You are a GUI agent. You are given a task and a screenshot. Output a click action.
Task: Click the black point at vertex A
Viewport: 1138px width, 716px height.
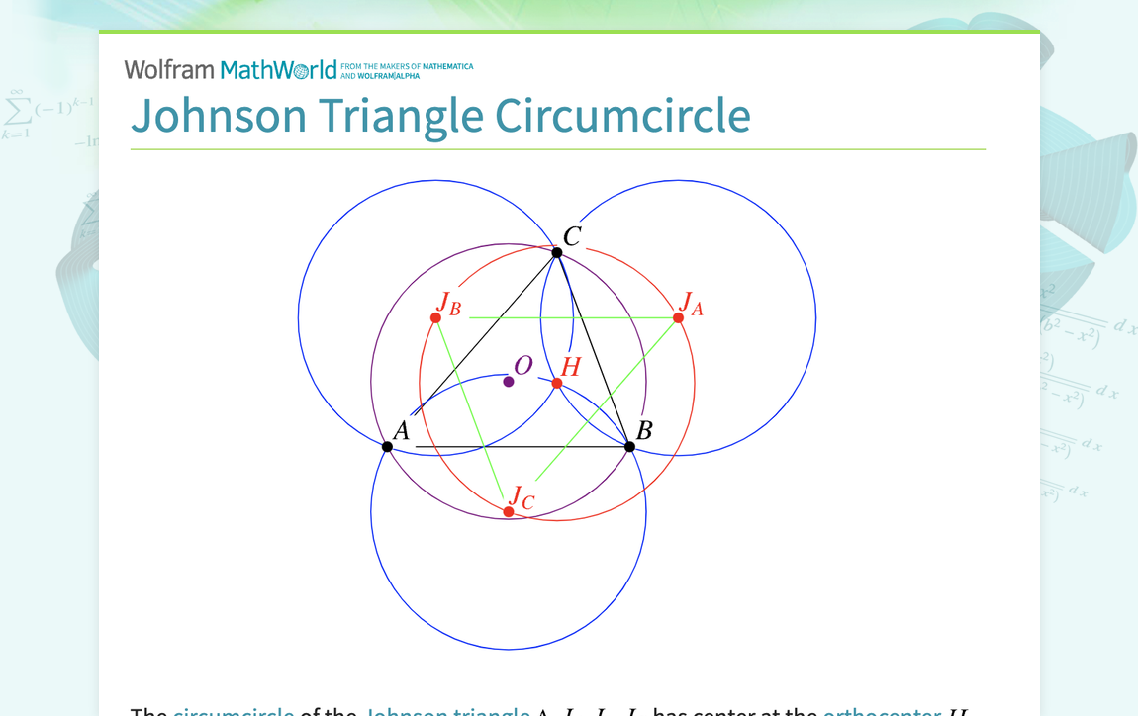pyautogui.click(x=387, y=447)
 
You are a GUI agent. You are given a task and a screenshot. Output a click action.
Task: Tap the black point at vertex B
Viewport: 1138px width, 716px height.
pyautogui.click(x=629, y=447)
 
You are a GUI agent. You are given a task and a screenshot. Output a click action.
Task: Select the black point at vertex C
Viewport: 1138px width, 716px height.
pyautogui.click(x=557, y=253)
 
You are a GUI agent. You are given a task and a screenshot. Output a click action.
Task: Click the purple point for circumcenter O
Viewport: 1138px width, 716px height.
pyautogui.click(x=509, y=382)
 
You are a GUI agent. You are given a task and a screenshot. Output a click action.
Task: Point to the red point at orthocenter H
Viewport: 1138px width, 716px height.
pyautogui.click(x=557, y=384)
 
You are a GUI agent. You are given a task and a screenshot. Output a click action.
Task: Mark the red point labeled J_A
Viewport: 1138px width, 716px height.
pyautogui.click(x=678, y=317)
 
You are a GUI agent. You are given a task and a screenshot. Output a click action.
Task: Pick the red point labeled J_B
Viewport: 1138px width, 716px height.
pyautogui.click(x=435, y=317)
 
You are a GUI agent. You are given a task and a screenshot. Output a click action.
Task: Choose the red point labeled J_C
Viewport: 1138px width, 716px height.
pyautogui.click(x=509, y=512)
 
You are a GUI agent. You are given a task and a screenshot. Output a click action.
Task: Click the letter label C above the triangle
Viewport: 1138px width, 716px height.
pyautogui.click(x=572, y=237)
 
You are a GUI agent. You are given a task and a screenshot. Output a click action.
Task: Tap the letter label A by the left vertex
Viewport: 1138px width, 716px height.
pyautogui.click(x=401, y=431)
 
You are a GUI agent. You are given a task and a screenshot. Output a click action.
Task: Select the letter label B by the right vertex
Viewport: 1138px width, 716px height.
pyautogui.click(x=644, y=430)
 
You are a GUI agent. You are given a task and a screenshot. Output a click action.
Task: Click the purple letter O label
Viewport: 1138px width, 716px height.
pyautogui.click(x=523, y=366)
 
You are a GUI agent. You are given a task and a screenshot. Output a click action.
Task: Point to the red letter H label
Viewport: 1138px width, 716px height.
pyautogui.click(x=571, y=367)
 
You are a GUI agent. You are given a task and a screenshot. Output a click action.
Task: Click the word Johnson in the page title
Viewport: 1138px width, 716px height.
pyautogui.click(x=219, y=116)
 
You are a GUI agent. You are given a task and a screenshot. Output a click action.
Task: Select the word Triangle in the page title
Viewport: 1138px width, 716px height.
pyautogui.click(x=401, y=116)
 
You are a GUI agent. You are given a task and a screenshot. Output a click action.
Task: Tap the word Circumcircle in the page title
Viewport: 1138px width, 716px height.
pyautogui.click(x=622, y=116)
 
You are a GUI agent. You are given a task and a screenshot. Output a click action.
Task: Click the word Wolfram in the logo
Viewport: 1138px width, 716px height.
pyautogui.click(x=169, y=69)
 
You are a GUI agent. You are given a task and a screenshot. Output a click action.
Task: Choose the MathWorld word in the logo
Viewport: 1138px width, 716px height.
pyautogui.click(x=278, y=69)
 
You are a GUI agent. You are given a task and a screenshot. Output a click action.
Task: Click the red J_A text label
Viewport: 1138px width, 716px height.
pyautogui.click(x=691, y=304)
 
